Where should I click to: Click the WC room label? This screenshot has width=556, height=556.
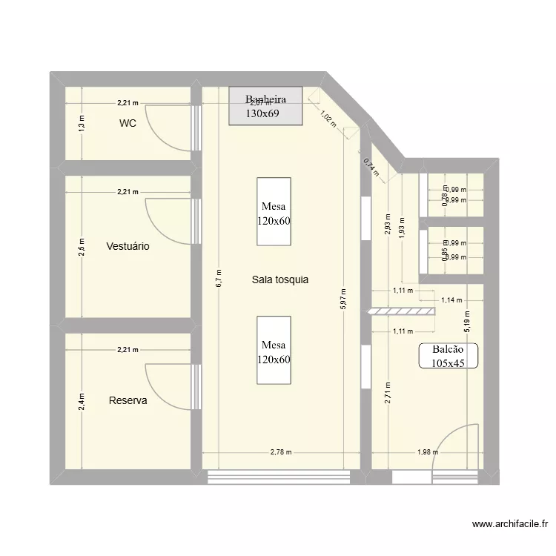128,124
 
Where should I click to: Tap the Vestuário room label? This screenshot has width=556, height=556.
128,246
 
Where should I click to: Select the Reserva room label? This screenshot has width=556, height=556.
128,400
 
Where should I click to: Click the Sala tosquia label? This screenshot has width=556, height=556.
279,279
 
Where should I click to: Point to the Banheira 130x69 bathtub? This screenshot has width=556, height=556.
265,106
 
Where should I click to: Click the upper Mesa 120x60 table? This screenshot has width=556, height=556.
274,211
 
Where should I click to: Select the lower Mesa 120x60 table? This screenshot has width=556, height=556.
274,351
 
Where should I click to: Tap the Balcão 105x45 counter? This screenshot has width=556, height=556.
449,356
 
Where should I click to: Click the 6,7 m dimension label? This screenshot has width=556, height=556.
219,278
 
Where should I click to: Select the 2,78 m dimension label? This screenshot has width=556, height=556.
281,452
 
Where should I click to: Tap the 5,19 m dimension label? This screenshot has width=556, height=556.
468,320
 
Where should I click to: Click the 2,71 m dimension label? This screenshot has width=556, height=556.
387,391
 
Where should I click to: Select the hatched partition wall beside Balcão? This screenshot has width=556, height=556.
401,311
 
